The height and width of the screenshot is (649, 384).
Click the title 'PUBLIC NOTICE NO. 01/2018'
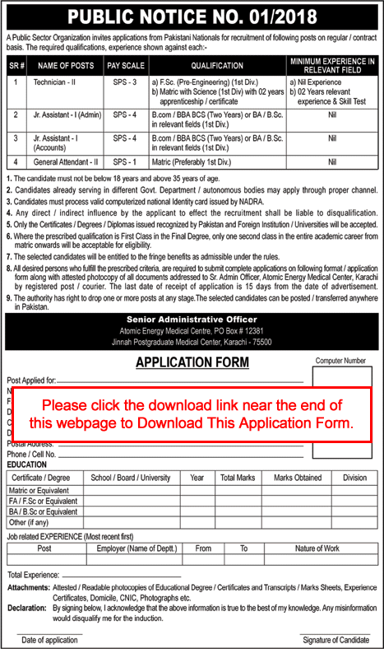(x=192, y=16)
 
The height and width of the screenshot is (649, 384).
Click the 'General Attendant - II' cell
(x=65, y=162)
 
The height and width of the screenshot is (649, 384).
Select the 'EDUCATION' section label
(x=27, y=465)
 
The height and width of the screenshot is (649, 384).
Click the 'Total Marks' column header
(x=238, y=477)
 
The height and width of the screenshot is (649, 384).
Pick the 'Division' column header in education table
(x=354, y=477)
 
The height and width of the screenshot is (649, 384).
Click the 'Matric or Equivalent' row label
(x=40, y=490)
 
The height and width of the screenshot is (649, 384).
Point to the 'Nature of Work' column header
(x=317, y=548)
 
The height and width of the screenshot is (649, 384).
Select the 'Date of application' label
(x=50, y=640)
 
